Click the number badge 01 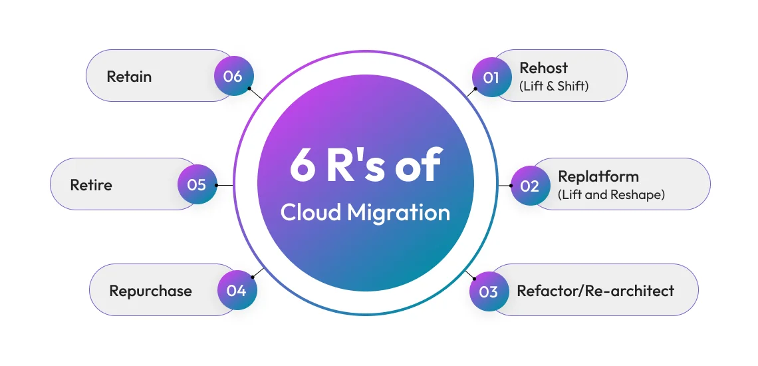pyautogui.click(x=491, y=77)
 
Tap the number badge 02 pyautogui.click(x=529, y=186)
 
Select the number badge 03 pyautogui.click(x=488, y=291)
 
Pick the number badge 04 pyautogui.click(x=237, y=291)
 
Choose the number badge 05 pyautogui.click(x=197, y=184)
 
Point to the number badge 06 pyautogui.click(x=233, y=76)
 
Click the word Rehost pyautogui.click(x=543, y=68)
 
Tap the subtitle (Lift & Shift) pyautogui.click(x=554, y=86)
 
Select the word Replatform pyautogui.click(x=598, y=176)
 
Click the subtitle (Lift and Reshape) pyautogui.click(x=611, y=195)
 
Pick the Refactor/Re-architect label pyautogui.click(x=595, y=291)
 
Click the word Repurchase pyautogui.click(x=150, y=291)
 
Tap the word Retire pyautogui.click(x=91, y=184)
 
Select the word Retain pyautogui.click(x=129, y=76)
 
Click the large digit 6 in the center pyautogui.click(x=303, y=166)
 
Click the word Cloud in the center pyautogui.click(x=310, y=212)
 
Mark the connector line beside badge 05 pyautogui.click(x=225, y=185)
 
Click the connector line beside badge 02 pyautogui.click(x=504, y=186)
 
